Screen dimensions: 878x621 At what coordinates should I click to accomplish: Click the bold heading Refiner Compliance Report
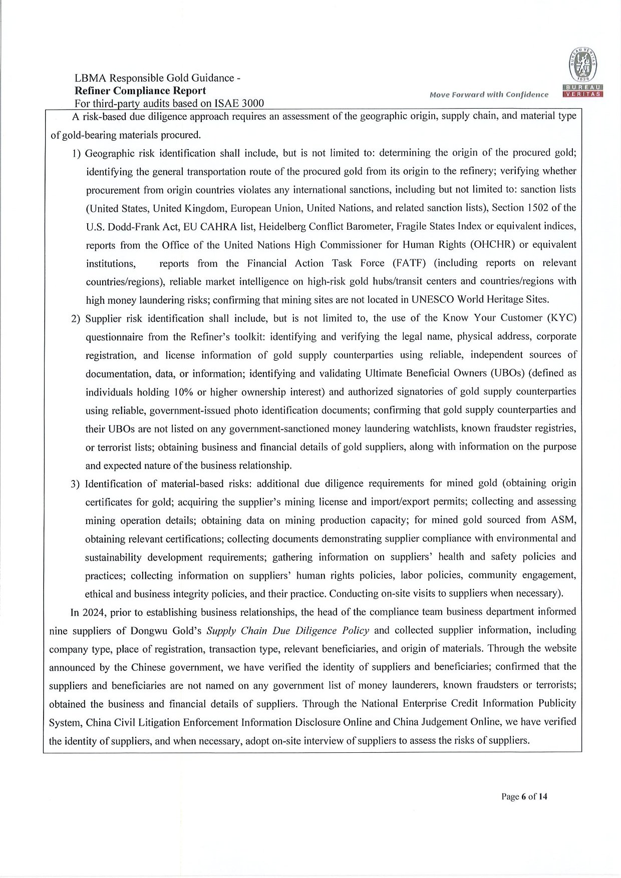click(140, 91)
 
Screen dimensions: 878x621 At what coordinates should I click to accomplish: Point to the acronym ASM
click(563, 520)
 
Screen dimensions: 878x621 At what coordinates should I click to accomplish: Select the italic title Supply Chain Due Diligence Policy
click(288, 630)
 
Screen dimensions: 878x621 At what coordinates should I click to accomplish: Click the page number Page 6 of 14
click(524, 796)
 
